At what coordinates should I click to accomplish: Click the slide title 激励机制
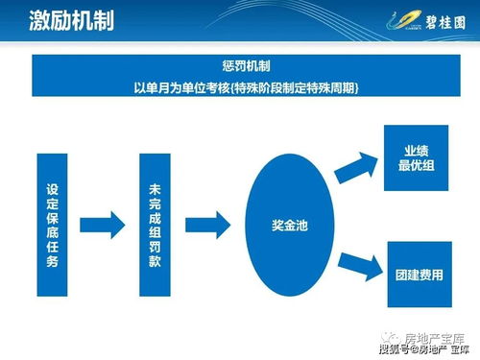[59, 20]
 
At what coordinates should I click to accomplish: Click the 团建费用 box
[418, 274]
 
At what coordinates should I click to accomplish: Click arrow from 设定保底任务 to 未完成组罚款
[103, 225]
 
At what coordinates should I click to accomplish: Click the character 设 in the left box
[53, 189]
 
